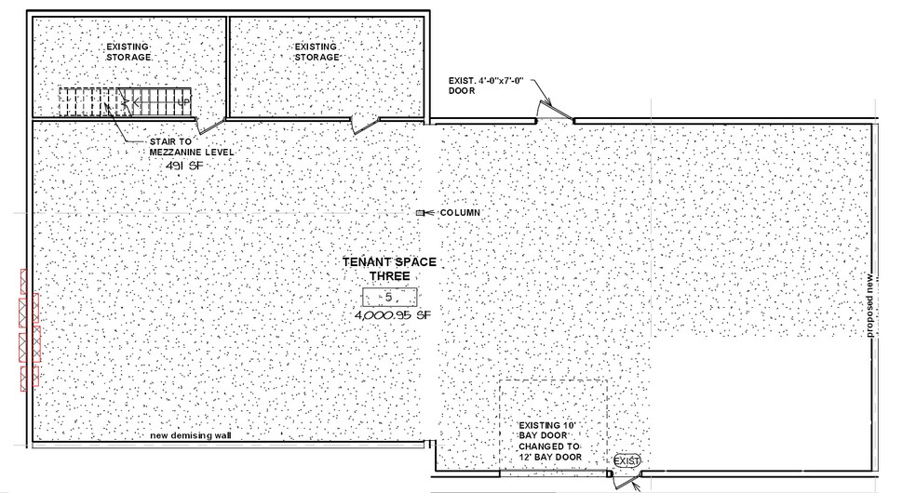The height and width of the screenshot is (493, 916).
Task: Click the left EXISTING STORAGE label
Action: tap(128, 52)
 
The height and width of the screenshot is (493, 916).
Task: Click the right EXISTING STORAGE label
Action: tap(317, 52)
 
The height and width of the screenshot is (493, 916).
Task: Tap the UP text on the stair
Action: tap(182, 102)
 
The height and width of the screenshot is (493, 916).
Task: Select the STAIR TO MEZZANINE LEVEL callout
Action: tap(192, 147)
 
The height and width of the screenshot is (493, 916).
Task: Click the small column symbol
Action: tap(420, 213)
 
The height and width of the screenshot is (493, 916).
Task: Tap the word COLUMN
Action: tap(460, 213)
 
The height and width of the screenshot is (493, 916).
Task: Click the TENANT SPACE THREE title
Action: tap(390, 269)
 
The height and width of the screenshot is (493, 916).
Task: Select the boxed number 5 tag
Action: tap(390, 297)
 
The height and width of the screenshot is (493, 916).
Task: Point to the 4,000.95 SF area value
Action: tap(393, 315)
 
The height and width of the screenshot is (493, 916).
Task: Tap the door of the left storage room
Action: tap(209, 125)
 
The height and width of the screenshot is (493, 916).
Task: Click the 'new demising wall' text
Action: tap(191, 436)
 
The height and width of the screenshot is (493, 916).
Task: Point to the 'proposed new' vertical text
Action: tap(869, 305)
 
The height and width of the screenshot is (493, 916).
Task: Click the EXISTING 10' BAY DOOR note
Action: tap(550, 441)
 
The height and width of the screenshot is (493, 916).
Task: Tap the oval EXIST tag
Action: tap(626, 461)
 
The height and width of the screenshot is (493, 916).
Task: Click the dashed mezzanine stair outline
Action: tap(125, 102)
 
